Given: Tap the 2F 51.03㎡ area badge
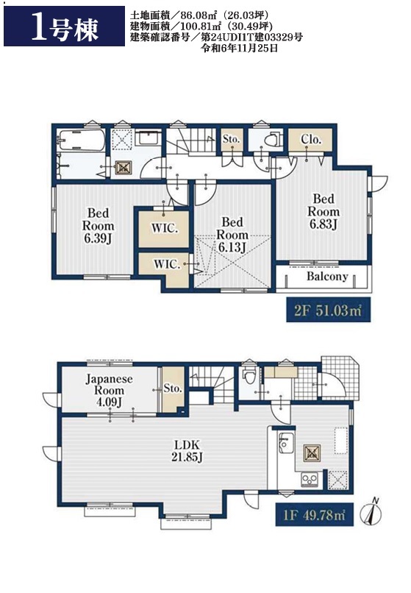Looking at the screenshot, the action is [328, 310].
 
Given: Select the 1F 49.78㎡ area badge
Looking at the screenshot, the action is [314, 514].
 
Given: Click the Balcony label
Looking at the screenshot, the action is [327, 277].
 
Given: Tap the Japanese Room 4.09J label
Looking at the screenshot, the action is [109, 390].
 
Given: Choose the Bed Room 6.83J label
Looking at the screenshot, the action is [324, 211].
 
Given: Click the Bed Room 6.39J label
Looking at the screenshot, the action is [99, 226].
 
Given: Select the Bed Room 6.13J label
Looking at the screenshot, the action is [232, 235].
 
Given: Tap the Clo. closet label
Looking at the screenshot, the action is [311, 139].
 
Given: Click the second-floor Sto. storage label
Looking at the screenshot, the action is [231, 139].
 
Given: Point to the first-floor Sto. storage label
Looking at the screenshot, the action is [173, 388].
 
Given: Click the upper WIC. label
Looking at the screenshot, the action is [165, 228].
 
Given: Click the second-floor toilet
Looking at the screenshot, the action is [272, 140].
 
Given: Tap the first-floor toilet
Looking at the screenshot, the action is [249, 375].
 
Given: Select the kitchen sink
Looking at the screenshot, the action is [285, 443].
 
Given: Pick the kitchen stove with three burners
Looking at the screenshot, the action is [309, 480].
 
